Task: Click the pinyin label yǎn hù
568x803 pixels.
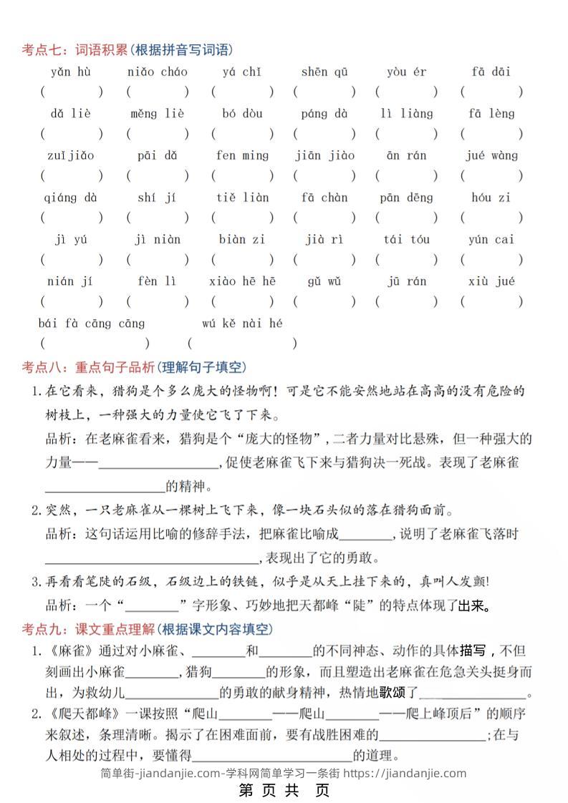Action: (x=70, y=72)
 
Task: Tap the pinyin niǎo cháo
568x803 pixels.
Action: (x=157, y=72)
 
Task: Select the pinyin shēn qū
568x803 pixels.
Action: (x=324, y=72)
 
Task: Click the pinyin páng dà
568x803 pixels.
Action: (x=324, y=114)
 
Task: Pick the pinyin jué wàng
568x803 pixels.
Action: (x=491, y=155)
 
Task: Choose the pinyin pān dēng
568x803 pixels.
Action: (x=407, y=198)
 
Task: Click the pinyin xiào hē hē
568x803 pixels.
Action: (x=242, y=281)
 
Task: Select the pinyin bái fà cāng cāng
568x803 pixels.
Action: (x=92, y=323)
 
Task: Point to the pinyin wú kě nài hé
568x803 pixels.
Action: (x=242, y=323)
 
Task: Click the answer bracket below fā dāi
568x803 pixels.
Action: (x=491, y=92)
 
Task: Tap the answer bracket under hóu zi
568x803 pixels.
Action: (x=491, y=218)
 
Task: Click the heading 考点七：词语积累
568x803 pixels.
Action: (x=74, y=49)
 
